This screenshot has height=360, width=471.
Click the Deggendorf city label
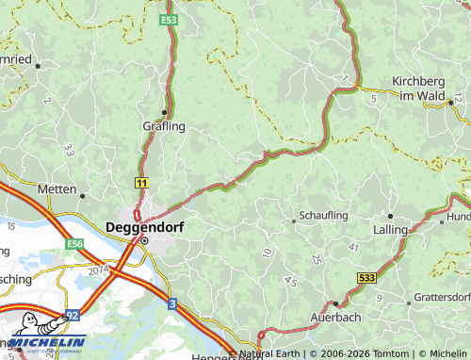pos(144,227)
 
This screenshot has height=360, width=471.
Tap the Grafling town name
pos(163,125)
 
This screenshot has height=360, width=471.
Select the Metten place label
pos(57,189)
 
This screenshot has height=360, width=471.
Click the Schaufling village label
pos(323,216)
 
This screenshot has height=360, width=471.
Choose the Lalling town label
pos(390,229)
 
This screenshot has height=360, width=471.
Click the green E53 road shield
pos(169,19)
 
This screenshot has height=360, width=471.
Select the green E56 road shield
pos(75,243)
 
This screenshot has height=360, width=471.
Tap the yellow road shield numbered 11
pos(141,181)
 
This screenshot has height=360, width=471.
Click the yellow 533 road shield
pos(367,278)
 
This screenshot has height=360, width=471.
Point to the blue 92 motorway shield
pos(73,318)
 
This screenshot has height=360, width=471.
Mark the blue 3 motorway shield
pos(172,303)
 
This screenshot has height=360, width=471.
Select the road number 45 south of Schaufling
pos(289,281)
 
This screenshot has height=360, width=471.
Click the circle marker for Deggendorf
pos(144,240)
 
